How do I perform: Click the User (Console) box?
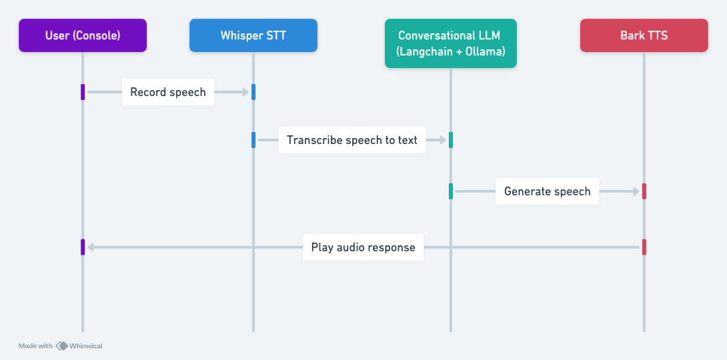[83, 35]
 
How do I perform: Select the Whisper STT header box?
[253, 35]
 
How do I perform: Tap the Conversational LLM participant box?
[450, 43]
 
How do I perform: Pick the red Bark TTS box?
[644, 35]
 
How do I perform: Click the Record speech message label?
[168, 92]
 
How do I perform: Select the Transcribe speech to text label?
[351, 140]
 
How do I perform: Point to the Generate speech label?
[547, 191]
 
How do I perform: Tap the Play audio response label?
[363, 247]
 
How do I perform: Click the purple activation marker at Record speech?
[83, 92]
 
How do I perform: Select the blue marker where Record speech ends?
[253, 92]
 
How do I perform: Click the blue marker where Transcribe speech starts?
[253, 140]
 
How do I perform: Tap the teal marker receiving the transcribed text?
[451, 140]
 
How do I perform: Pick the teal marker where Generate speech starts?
[451, 191]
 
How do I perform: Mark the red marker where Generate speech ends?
[644, 191]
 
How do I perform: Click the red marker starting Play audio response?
[644, 247]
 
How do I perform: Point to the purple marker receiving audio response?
[83, 247]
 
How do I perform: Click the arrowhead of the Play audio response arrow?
[91, 247]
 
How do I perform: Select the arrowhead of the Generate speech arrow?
[636, 191]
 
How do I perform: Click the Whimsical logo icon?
[61, 346]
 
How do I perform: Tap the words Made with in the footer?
[35, 346]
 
